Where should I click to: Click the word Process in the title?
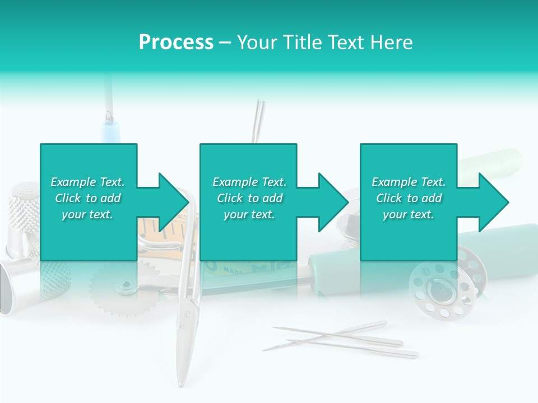[x=176, y=43]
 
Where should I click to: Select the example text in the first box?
[x=87, y=198]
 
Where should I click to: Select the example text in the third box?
[x=409, y=198]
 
